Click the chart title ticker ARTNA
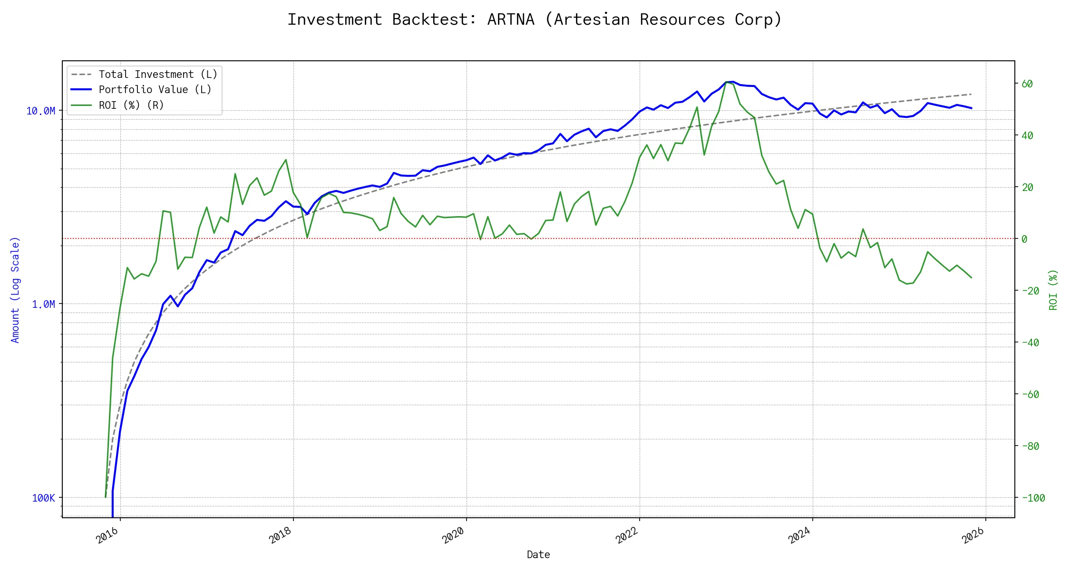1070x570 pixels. coord(510,19)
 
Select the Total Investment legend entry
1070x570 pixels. coord(157,75)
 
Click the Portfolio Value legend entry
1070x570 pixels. coord(155,90)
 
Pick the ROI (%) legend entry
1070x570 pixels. coord(131,105)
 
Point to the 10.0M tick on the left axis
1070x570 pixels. coord(40,111)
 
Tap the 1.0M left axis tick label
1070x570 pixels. coord(43,304)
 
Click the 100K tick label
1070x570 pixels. coord(43,498)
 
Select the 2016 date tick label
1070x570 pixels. coord(107,535)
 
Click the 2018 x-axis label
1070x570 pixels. coord(281,535)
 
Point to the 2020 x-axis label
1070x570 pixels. coord(454,535)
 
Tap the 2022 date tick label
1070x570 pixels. coord(627,535)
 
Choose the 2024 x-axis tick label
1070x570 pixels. coord(800,535)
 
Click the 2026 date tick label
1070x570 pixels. coord(973,535)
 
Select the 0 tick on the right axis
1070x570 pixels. coord(1024,239)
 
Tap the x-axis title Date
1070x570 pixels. coord(538,555)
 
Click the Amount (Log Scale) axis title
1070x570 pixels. coord(15,290)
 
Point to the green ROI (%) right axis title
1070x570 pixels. coord(1053,290)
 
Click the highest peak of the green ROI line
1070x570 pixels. coord(727,82)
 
